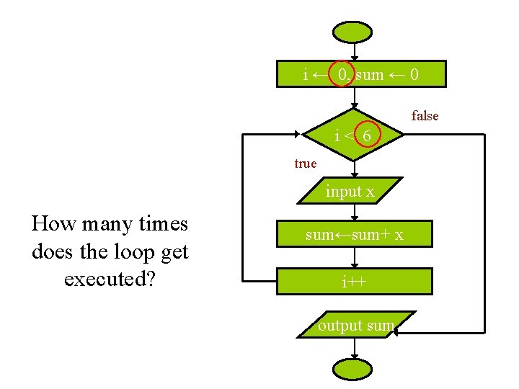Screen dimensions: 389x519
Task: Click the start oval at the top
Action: coord(353,32)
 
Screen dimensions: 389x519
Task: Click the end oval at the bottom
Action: coord(353,370)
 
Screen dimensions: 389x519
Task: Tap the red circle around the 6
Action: coord(368,135)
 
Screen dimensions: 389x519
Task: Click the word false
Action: coord(425,116)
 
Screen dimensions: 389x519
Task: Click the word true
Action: coord(305,164)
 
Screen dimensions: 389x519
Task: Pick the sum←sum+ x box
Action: coord(354,235)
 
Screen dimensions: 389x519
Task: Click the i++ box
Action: coord(353,281)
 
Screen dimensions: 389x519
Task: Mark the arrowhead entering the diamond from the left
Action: coord(298,134)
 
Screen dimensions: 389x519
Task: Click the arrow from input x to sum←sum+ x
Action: coord(354,213)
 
